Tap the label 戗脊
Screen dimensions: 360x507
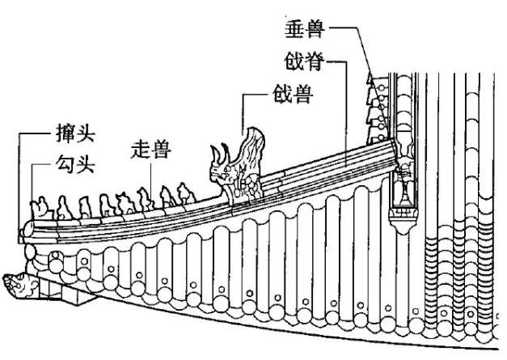pos(304,61)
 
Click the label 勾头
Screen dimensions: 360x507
pos(74,166)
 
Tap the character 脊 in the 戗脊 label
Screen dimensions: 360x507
pos(315,61)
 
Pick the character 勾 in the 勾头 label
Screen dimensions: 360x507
pos(64,166)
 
